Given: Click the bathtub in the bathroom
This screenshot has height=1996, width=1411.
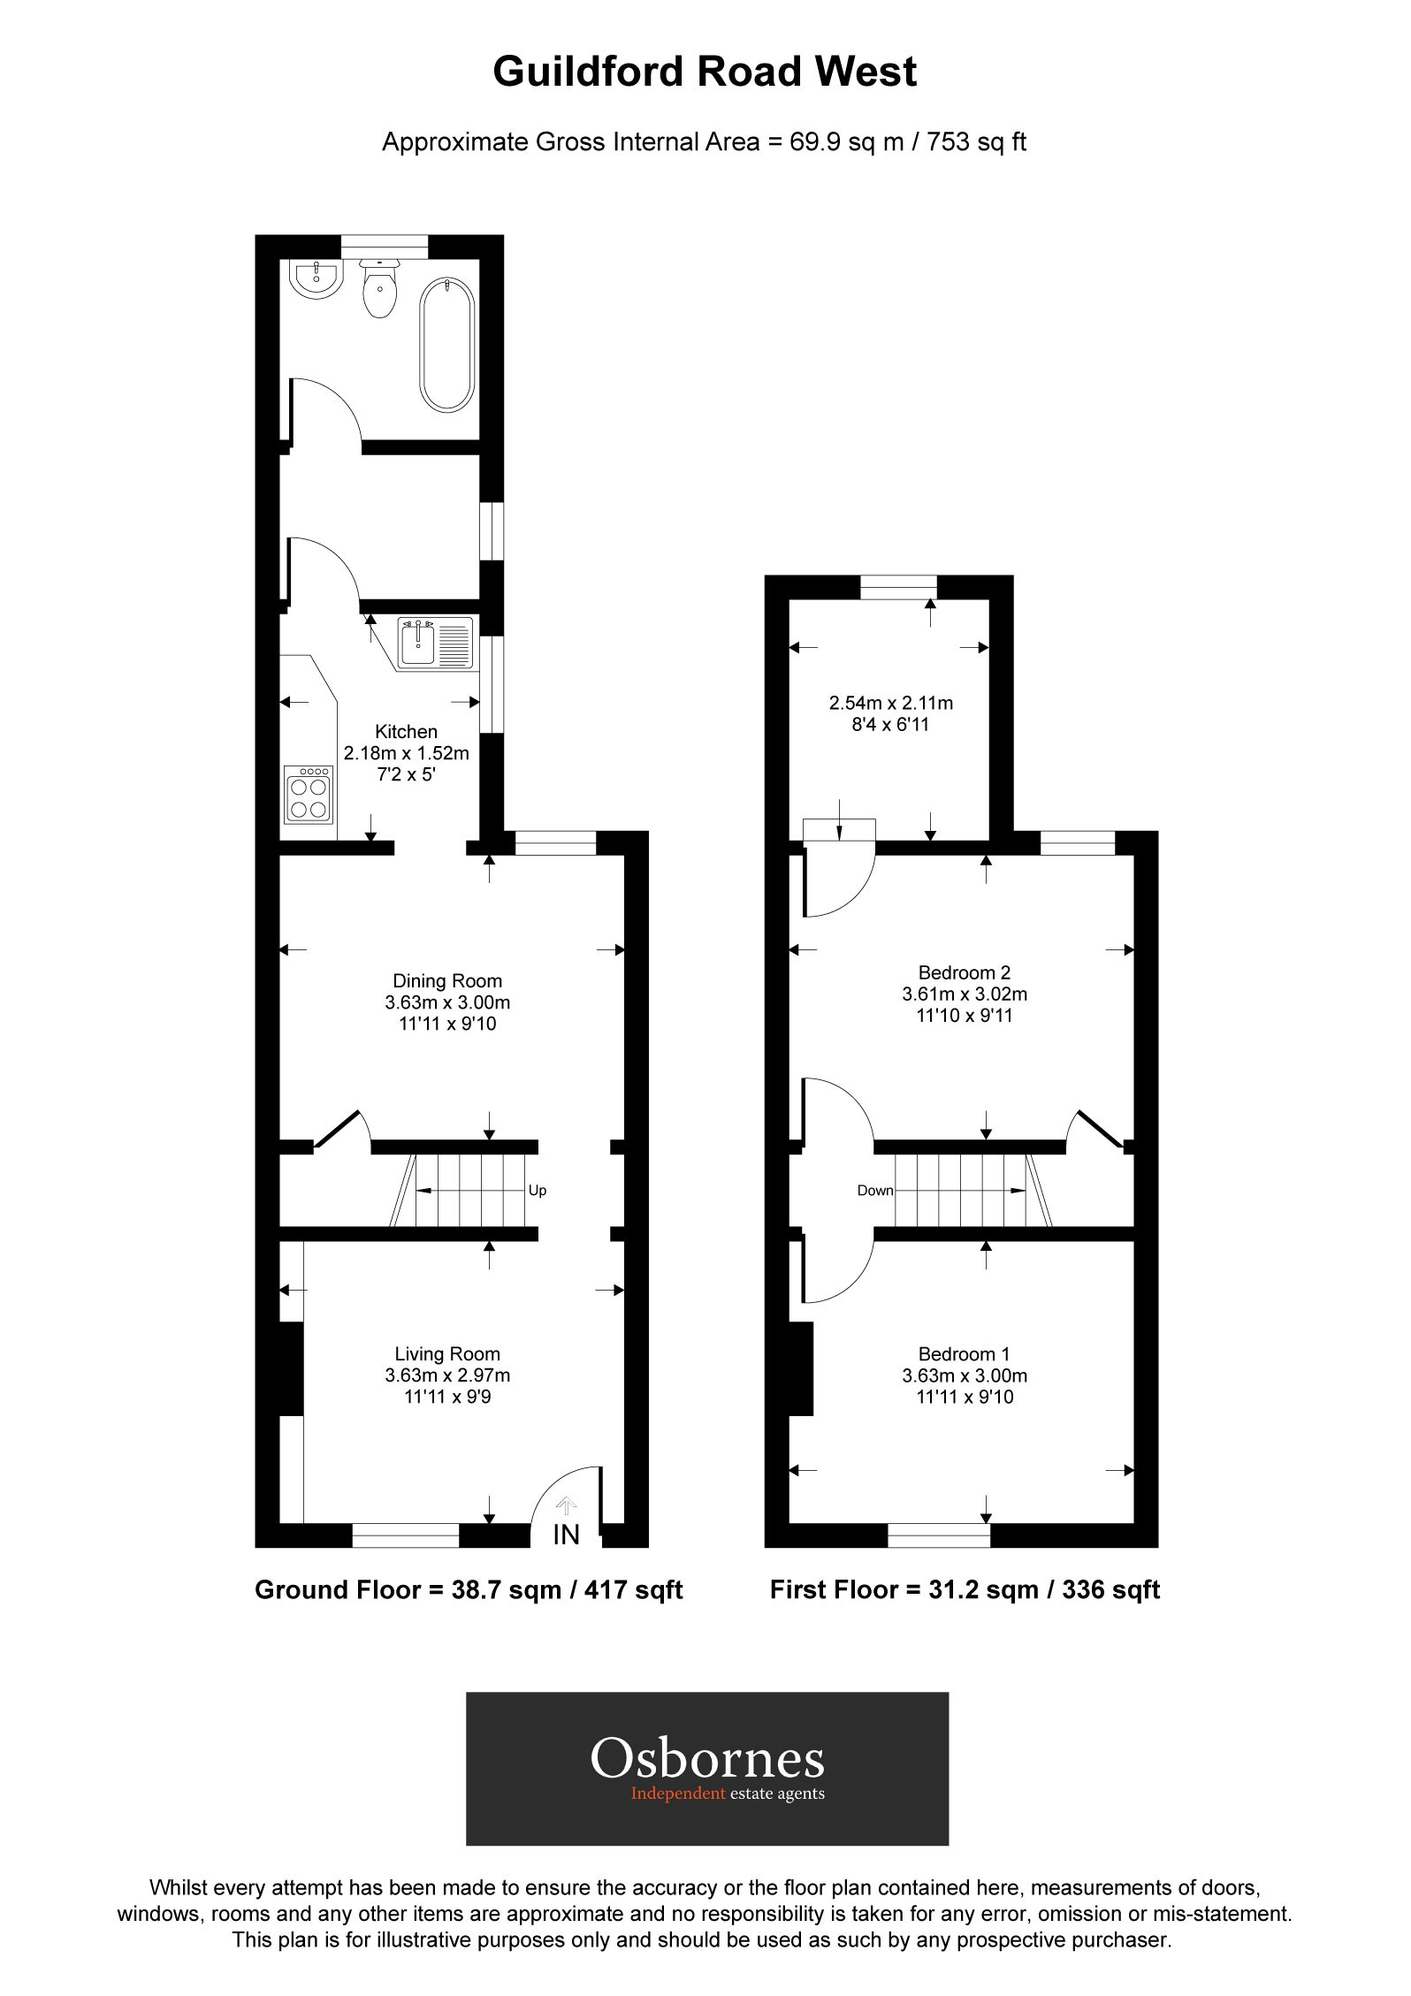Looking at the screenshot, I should pyautogui.click(x=447, y=344).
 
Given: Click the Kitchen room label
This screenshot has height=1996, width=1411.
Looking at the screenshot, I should pyautogui.click(x=406, y=732).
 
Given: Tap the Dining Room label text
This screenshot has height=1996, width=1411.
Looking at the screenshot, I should pyautogui.click(x=447, y=981).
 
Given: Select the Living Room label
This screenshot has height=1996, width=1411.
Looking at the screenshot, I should pyautogui.click(x=447, y=1354).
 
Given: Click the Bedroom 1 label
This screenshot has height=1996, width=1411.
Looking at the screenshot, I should pyautogui.click(x=964, y=1354).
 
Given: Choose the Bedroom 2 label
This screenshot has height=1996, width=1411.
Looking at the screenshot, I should pyautogui.click(x=964, y=972).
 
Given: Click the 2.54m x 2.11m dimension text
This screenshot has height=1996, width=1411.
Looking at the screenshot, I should pyautogui.click(x=890, y=704).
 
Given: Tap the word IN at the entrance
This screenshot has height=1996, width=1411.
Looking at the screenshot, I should pyautogui.click(x=566, y=1535).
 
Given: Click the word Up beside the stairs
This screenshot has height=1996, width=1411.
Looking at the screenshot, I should pyautogui.click(x=538, y=1191).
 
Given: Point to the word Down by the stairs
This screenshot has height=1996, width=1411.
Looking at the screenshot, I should pyautogui.click(x=875, y=1191).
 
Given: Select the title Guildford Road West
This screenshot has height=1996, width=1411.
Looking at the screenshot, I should pyautogui.click(x=705, y=72).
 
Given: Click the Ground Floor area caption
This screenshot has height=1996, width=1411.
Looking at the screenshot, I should pyautogui.click(x=469, y=1590).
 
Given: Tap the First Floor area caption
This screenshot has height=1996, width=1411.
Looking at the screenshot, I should pyautogui.click(x=965, y=1590).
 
